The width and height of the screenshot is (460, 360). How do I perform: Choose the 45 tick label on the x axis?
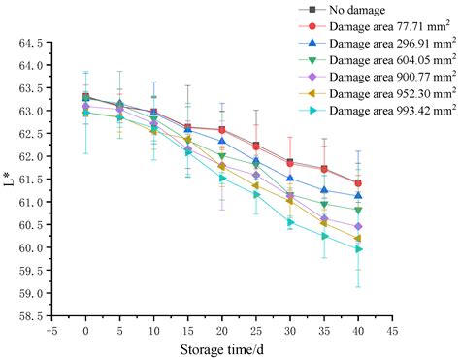point(392,329)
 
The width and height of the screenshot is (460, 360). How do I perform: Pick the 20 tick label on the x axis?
point(222,329)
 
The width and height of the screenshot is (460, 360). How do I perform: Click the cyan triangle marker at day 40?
point(359,249)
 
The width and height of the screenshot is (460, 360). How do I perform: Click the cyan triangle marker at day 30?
point(290,222)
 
